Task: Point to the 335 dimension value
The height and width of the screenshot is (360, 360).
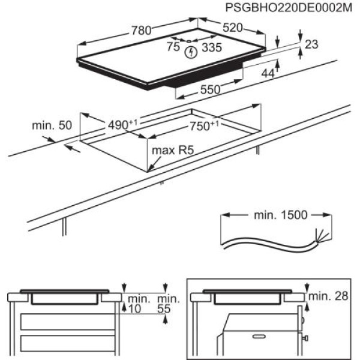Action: pyautogui.click(x=210, y=47)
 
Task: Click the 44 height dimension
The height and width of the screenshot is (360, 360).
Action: pyautogui.click(x=268, y=73)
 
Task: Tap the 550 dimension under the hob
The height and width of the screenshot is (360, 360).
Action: pyautogui.click(x=210, y=89)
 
